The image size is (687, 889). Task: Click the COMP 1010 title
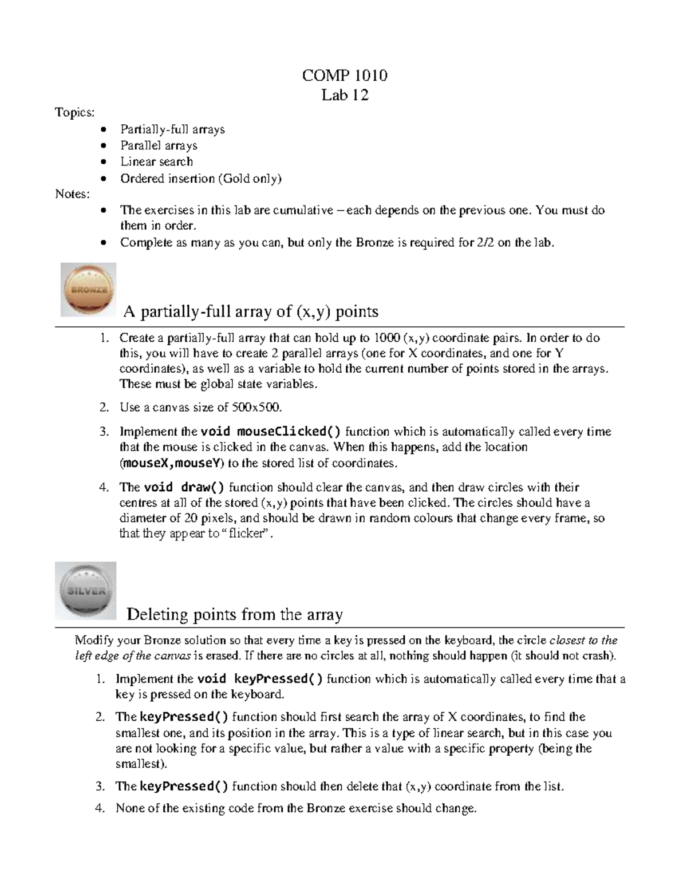[x=345, y=75]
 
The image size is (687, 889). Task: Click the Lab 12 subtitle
[x=345, y=94]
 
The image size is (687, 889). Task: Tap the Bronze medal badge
[x=89, y=290]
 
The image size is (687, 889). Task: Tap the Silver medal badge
[x=86, y=591]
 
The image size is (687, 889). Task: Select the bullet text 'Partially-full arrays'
[x=172, y=129]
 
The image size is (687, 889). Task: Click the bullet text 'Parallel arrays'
[x=159, y=145]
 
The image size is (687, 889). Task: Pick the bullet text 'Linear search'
[x=156, y=161]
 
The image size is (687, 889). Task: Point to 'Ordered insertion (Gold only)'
[x=201, y=178]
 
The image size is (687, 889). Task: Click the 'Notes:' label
[x=72, y=194]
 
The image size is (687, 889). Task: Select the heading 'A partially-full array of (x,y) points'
[x=251, y=311]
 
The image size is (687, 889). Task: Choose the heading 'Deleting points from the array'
[x=234, y=614]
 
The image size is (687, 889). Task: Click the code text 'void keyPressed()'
[x=260, y=679]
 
